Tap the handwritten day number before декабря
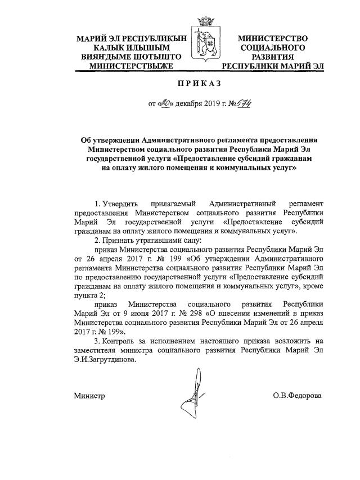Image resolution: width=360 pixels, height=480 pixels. pos(164,103)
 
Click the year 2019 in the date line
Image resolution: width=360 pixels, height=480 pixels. pos(213,104)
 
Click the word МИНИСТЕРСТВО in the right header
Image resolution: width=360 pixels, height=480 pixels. pos(273,39)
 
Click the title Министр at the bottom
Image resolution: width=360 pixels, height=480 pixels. pos(89,396)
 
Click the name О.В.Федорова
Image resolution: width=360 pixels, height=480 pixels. pos(297,396)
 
